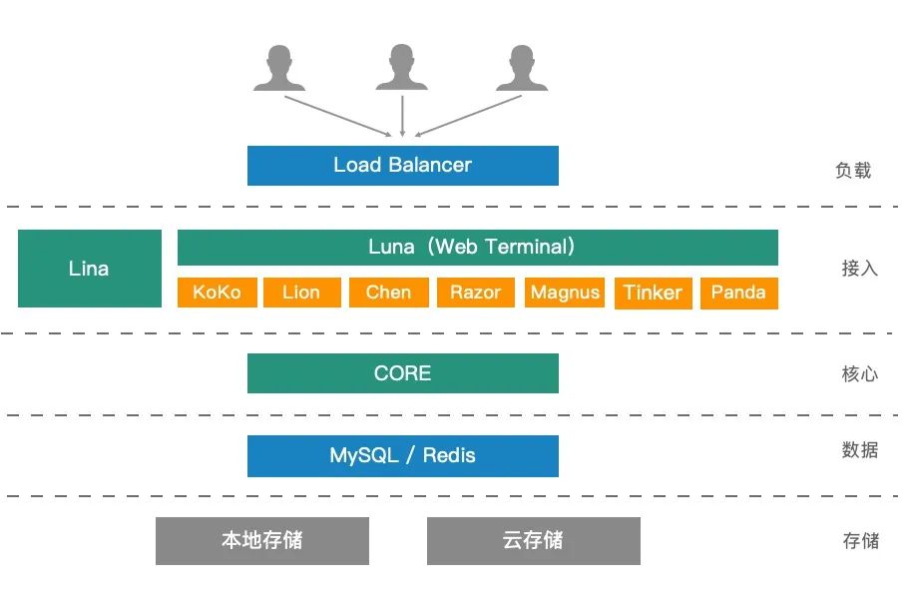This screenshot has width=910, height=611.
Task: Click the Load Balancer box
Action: [402, 166]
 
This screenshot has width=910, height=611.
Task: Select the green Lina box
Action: [90, 269]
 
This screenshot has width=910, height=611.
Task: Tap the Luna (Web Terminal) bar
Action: [477, 247]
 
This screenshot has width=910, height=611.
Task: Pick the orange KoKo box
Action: [217, 293]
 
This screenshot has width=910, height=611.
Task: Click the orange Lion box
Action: [300, 293]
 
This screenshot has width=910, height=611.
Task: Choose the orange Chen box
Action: [388, 293]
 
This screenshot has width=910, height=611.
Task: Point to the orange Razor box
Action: [475, 293]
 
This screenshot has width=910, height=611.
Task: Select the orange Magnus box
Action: [565, 293]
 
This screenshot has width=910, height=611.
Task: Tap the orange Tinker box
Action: [653, 293]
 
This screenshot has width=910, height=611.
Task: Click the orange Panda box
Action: [738, 293]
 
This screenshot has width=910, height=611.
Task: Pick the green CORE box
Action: [402, 373]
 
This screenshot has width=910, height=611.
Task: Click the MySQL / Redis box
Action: [402, 456]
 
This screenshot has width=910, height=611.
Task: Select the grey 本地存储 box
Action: [261, 541]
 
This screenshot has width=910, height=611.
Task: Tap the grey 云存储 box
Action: [533, 541]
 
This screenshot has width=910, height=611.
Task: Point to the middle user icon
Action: [401, 68]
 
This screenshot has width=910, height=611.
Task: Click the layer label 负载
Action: [853, 171]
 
